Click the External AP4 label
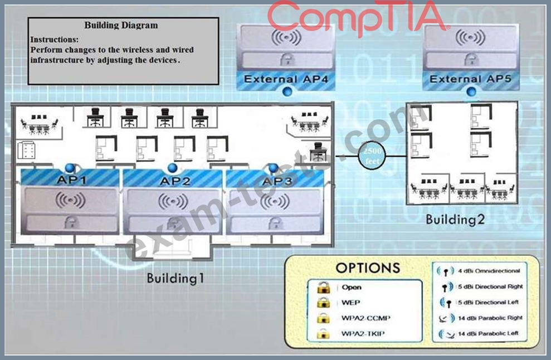click(286, 80)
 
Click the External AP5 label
click(470, 79)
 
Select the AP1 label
click(71, 180)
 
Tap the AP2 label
click(174, 181)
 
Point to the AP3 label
click(277, 181)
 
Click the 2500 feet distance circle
click(372, 155)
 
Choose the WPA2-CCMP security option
click(365, 318)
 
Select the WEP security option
click(350, 303)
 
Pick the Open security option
click(352, 287)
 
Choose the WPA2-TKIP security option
click(363, 334)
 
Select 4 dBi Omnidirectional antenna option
click(489, 271)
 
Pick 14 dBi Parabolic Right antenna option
click(490, 318)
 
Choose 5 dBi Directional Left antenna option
click(488, 303)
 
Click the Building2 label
click(455, 220)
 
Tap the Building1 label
click(175, 278)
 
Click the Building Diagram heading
click(121, 25)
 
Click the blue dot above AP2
click(172, 168)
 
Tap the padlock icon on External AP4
click(287, 60)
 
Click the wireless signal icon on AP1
click(70, 201)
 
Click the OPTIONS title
click(368, 268)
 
